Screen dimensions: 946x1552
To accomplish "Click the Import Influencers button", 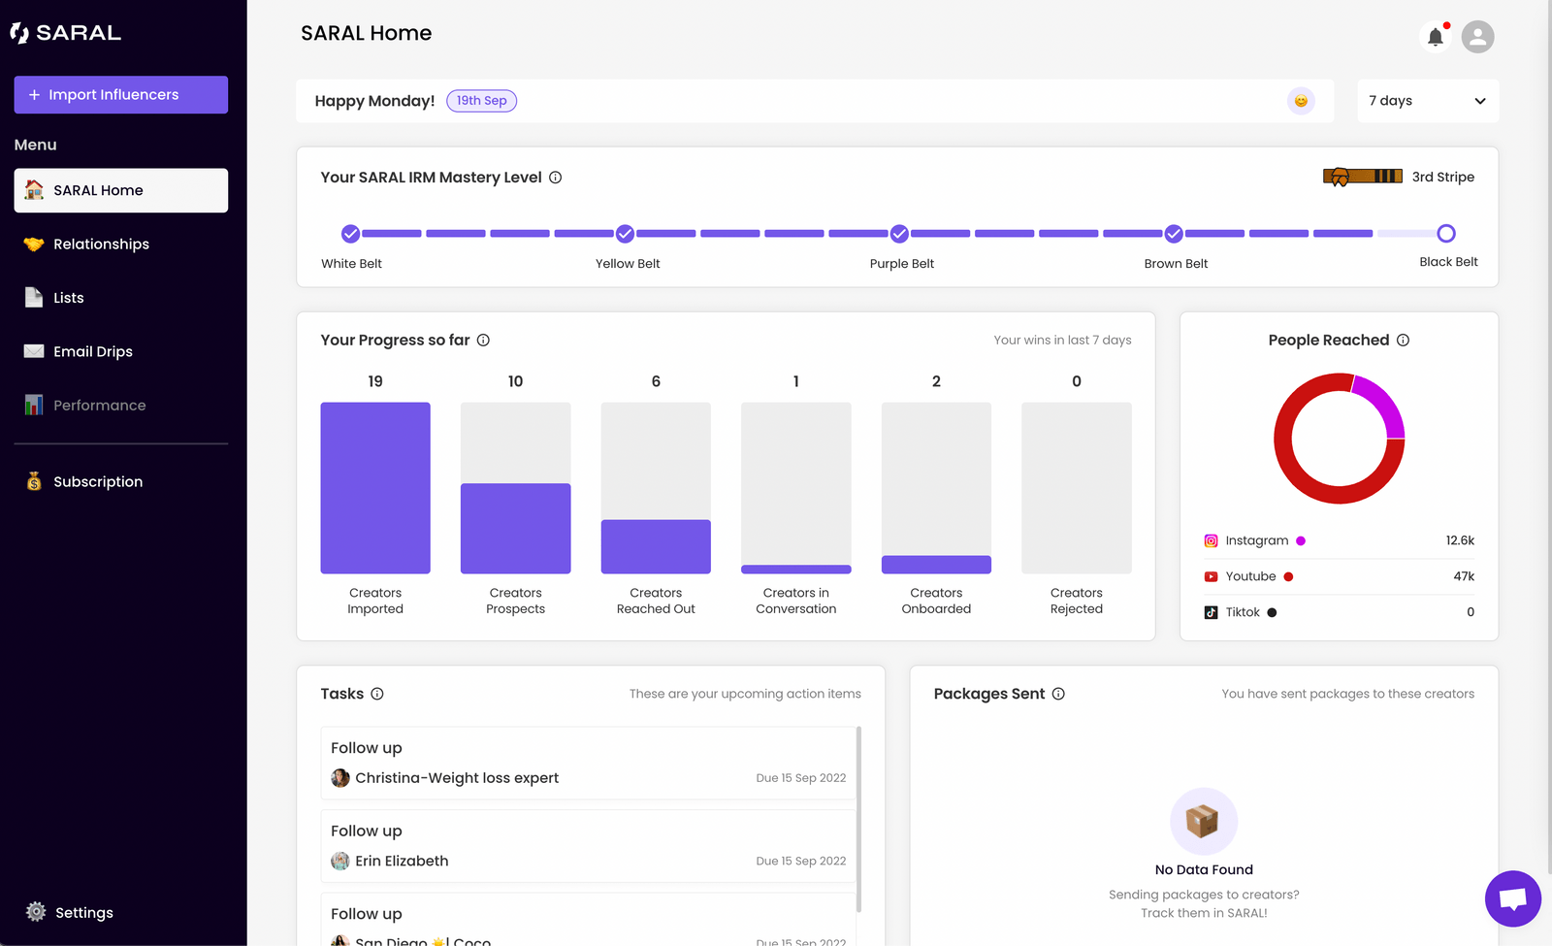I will (x=120, y=95).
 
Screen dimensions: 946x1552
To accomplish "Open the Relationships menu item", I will (x=101, y=245).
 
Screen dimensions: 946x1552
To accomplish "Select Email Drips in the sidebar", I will (x=92, y=351).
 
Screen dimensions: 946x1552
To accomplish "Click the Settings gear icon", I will (x=36, y=912).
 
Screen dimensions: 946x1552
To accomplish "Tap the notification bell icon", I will (x=1435, y=37).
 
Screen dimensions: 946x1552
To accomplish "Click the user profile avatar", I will (x=1477, y=37).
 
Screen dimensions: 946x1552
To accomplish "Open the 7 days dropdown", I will (x=1427, y=101).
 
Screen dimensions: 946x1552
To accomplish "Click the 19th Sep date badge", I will (x=481, y=101).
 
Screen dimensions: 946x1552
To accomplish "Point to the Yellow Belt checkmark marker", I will (x=626, y=234).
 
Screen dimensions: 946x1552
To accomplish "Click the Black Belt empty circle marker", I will (x=1445, y=234).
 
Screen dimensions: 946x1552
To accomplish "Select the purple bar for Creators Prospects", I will (x=515, y=528).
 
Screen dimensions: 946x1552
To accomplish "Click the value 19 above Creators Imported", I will (x=375, y=381).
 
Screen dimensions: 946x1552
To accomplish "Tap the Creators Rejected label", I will (x=1076, y=601).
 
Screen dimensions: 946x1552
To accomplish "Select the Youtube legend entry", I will (x=1250, y=576).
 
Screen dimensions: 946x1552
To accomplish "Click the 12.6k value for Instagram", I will (x=1459, y=540).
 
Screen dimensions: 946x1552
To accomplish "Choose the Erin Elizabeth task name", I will (x=402, y=861).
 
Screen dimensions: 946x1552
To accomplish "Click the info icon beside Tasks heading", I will (x=377, y=694).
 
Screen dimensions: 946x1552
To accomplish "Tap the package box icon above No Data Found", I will (x=1203, y=821).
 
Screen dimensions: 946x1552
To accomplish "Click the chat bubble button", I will (x=1512, y=898).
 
